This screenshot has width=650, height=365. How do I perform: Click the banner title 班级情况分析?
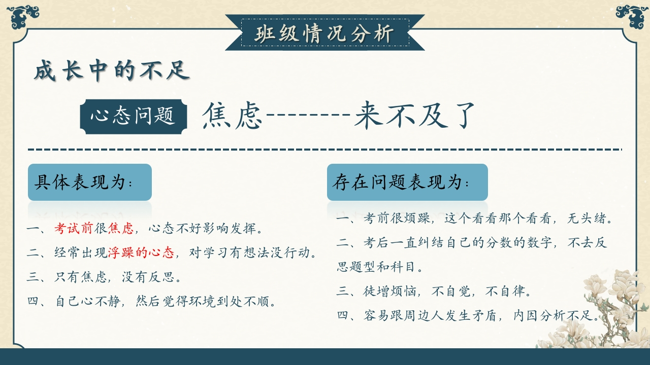[324, 33]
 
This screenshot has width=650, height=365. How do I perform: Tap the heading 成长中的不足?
[112, 70]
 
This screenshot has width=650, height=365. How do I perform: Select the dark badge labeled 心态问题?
[134, 117]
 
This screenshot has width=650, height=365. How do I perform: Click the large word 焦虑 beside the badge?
[232, 115]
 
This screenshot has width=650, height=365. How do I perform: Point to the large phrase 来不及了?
[414, 115]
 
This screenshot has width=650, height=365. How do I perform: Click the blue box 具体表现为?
[90, 182]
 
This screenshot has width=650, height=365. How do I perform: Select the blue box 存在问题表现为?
[407, 182]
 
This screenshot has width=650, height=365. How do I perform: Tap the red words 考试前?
[74, 228]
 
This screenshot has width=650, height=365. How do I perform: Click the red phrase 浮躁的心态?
[141, 252]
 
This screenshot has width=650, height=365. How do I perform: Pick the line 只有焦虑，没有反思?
[104, 277]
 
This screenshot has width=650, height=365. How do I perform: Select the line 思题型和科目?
[379, 267]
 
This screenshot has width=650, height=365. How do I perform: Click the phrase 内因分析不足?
[556, 315]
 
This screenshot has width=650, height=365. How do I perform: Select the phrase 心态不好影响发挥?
[206, 228]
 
